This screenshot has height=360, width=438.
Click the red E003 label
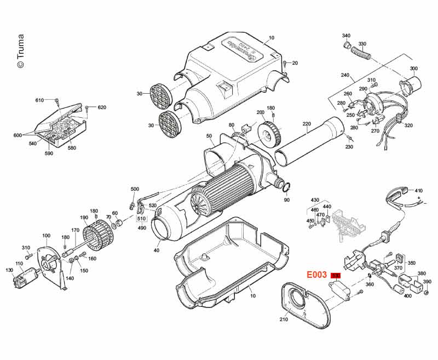pyautogui.click(x=316, y=275)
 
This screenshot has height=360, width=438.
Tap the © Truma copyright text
pyautogui.click(x=20, y=52)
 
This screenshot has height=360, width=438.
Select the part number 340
pyautogui.click(x=346, y=36)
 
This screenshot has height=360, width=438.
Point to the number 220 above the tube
pyautogui.click(x=306, y=124)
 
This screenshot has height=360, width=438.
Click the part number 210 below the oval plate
pyautogui.click(x=284, y=319)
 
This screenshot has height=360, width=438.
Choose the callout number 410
pyautogui.click(x=419, y=184)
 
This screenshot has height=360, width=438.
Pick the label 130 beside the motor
pyautogui.click(x=9, y=270)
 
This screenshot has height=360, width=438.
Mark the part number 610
pyautogui.click(x=39, y=100)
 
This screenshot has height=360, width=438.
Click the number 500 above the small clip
pyautogui.click(x=135, y=189)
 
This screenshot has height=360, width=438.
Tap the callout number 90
pyautogui.click(x=286, y=201)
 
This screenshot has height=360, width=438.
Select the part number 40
pyautogui.click(x=157, y=250)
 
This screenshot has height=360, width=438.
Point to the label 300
pyautogui.click(x=413, y=68)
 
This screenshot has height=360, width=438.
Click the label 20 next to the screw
pyautogui.click(x=295, y=63)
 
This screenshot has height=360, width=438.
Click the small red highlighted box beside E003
pyautogui.click(x=336, y=275)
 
